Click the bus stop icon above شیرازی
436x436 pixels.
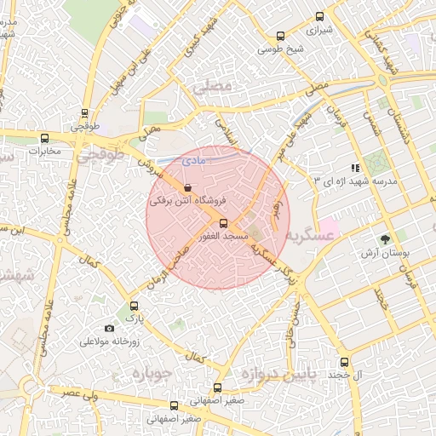point(320,15)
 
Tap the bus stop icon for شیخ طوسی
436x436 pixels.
point(280,36)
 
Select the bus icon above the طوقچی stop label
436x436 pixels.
point(84,112)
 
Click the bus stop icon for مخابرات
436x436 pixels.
point(44,138)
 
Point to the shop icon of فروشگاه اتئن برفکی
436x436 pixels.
point(187,187)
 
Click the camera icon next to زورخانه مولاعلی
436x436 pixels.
point(109,329)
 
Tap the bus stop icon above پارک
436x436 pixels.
point(133,306)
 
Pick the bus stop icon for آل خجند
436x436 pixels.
point(344,362)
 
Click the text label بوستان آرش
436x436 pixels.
point(385,254)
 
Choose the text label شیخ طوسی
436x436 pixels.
point(280,49)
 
